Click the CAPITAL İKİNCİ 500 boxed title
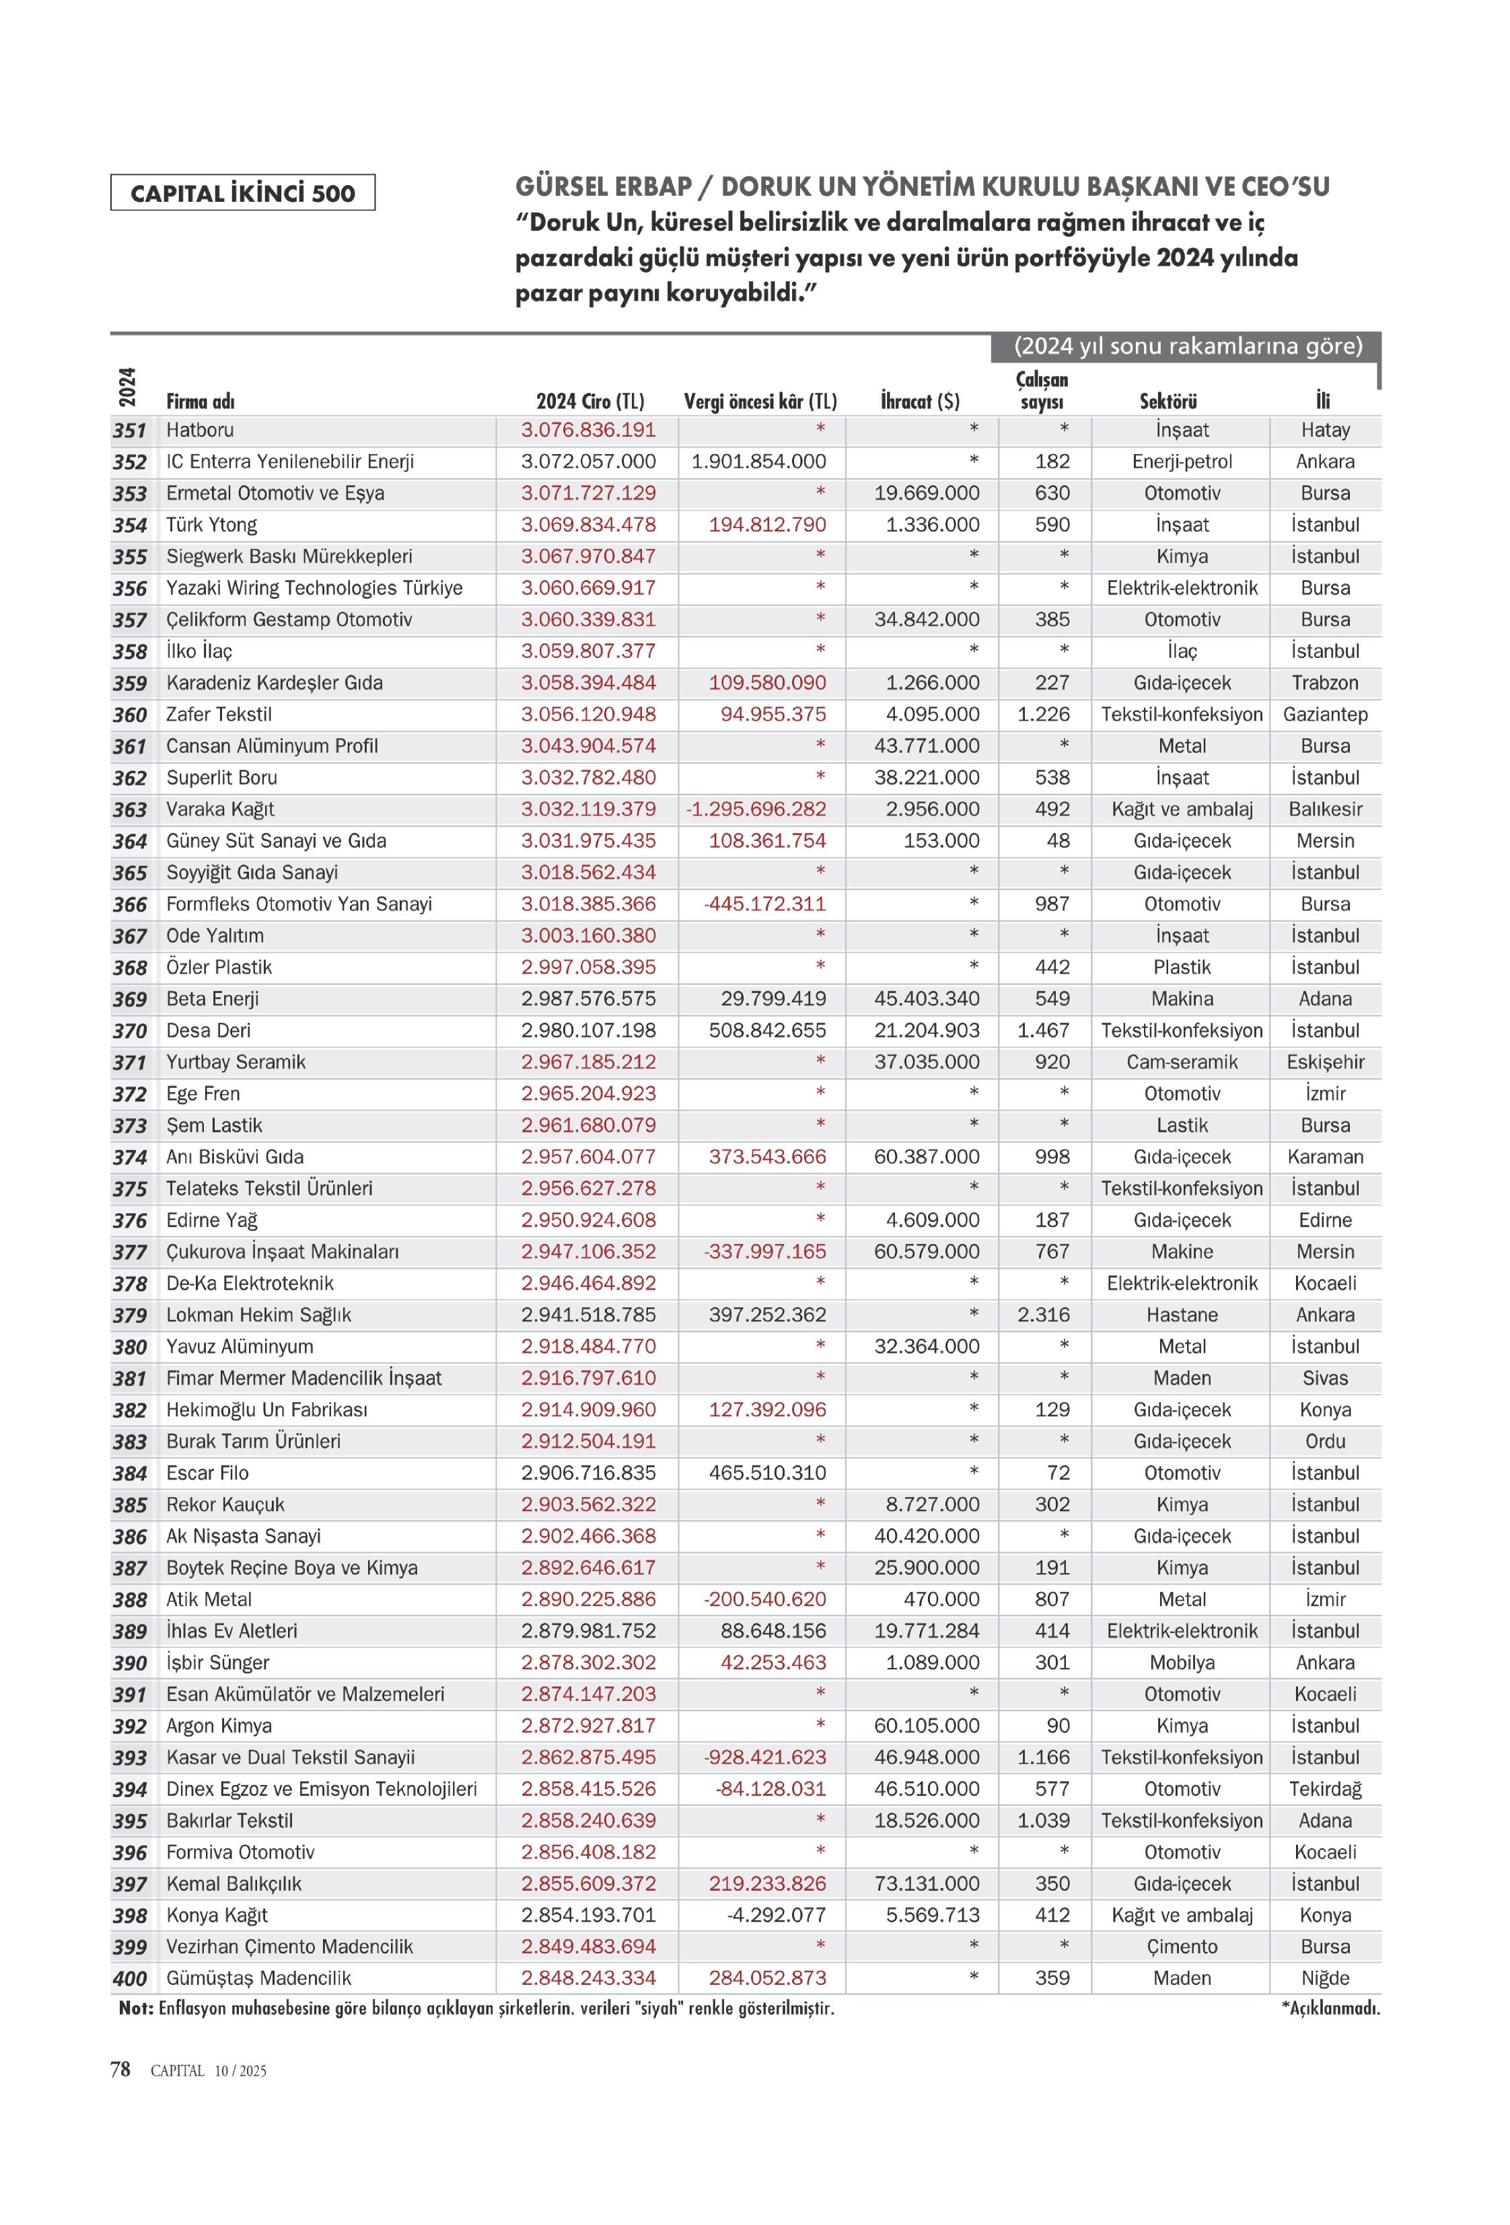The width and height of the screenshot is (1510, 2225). click(242, 192)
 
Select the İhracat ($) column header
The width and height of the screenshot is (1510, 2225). click(919, 401)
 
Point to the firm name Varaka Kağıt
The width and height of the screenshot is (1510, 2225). click(220, 809)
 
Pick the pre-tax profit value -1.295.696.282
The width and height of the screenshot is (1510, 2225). click(756, 809)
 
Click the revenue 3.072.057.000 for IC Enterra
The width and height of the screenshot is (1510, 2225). click(588, 462)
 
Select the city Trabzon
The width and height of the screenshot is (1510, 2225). click(1324, 683)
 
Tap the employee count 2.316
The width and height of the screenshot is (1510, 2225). click(1043, 1315)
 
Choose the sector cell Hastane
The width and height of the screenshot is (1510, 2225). click(1182, 1315)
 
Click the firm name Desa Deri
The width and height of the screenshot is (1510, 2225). click(208, 1030)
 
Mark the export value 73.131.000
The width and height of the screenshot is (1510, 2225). click(926, 1883)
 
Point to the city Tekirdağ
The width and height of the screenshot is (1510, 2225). click(1324, 1788)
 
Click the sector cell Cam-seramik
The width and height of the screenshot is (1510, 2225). click(1182, 1062)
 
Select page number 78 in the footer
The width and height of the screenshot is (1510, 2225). click(120, 2069)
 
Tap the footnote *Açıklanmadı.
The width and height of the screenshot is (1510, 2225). click(1329, 2008)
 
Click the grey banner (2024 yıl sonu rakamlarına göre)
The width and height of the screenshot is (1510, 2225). click(1187, 346)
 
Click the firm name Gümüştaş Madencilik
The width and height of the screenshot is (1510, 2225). click(258, 1978)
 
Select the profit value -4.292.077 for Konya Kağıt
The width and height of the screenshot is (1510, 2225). click(776, 1915)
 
